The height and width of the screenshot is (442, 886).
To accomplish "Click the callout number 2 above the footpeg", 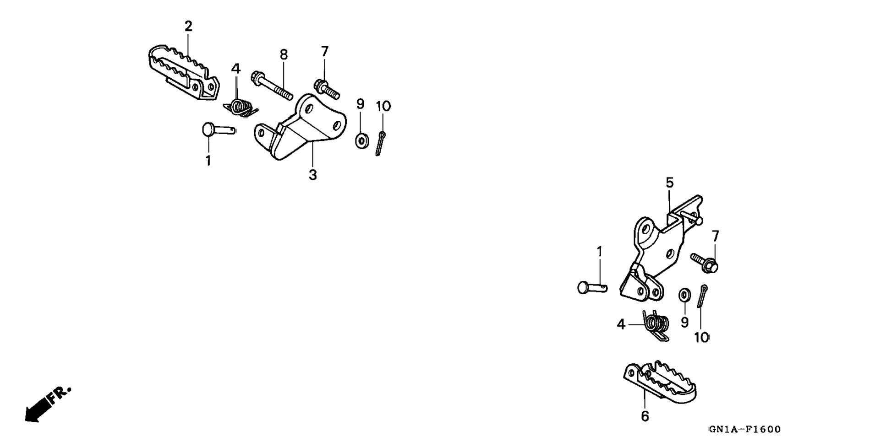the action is (188, 27).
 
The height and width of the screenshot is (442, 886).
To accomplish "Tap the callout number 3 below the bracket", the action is (312, 175).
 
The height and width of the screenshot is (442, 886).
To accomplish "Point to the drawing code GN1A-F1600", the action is (744, 429).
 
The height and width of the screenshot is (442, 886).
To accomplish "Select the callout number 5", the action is (669, 183).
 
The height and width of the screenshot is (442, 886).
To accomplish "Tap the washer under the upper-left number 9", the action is (362, 140).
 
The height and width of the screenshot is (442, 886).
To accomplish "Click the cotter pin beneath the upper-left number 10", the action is (380, 143).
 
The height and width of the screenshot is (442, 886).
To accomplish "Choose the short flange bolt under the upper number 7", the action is (326, 89).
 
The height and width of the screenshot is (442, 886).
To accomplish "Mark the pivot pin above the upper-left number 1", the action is (218, 129).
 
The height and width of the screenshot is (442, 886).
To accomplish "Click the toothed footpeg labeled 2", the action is (183, 73).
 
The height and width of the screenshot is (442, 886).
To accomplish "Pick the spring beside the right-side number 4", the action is (656, 325).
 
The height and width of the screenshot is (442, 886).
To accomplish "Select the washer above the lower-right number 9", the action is (685, 295).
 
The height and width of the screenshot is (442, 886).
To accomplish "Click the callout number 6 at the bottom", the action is (645, 416).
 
